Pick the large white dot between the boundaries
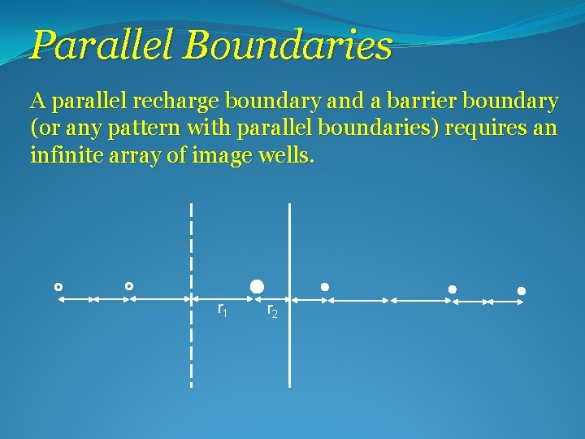[x=257, y=285]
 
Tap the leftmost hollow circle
[x=58, y=287]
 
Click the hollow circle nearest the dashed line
[x=129, y=286]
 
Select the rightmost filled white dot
[x=522, y=290]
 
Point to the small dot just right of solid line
[x=324, y=287]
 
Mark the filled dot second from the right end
[x=453, y=289]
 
